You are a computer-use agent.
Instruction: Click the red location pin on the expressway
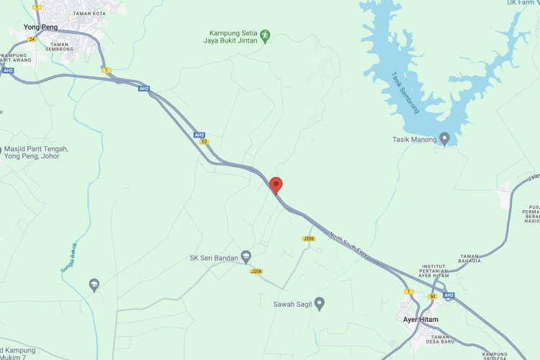[276, 184]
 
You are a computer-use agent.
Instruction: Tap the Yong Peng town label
[40, 27]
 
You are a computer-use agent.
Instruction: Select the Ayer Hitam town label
[420, 319]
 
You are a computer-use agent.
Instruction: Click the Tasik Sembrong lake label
[405, 93]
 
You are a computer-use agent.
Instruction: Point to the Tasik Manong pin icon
[445, 138]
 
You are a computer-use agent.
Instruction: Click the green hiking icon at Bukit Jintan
[265, 34]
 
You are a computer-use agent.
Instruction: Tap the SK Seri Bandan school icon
[246, 257]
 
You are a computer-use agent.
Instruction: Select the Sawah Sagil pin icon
[320, 304]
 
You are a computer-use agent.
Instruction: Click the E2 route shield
[204, 142]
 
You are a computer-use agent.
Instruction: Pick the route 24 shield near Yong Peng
[32, 39]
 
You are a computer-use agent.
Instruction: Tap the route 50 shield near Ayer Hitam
[432, 296]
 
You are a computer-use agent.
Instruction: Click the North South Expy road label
[348, 245]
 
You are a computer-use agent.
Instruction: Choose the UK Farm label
[521, 3]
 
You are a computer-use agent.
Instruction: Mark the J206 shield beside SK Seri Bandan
[256, 271]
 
